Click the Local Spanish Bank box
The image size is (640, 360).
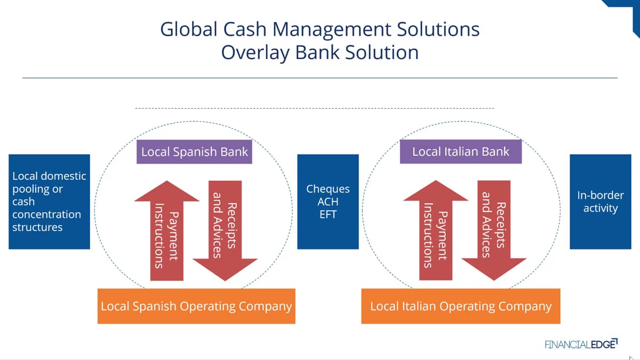tap(194, 151)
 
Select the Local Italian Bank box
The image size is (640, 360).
tap(461, 151)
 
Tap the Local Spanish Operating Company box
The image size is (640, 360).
tap(196, 306)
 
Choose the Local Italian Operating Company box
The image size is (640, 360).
tap(461, 306)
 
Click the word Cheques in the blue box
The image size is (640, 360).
tap(328, 189)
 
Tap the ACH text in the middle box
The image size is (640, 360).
tap(327, 202)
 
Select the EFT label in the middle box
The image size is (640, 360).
tap(327, 214)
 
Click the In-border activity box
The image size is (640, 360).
tap(601, 202)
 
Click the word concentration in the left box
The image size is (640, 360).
tap(46, 214)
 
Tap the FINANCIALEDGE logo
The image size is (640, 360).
tap(581, 344)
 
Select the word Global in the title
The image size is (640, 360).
tap(189, 29)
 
